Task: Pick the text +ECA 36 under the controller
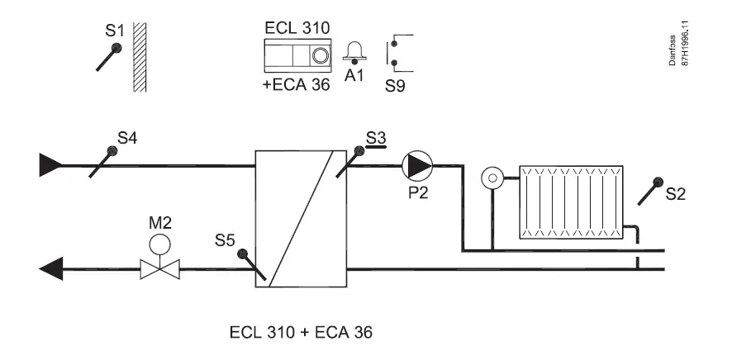296,86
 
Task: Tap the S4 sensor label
126,138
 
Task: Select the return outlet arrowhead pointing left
51,268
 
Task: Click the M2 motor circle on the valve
159,244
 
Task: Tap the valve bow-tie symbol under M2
159,268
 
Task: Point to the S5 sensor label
225,241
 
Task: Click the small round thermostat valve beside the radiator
492,178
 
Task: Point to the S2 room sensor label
676,195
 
